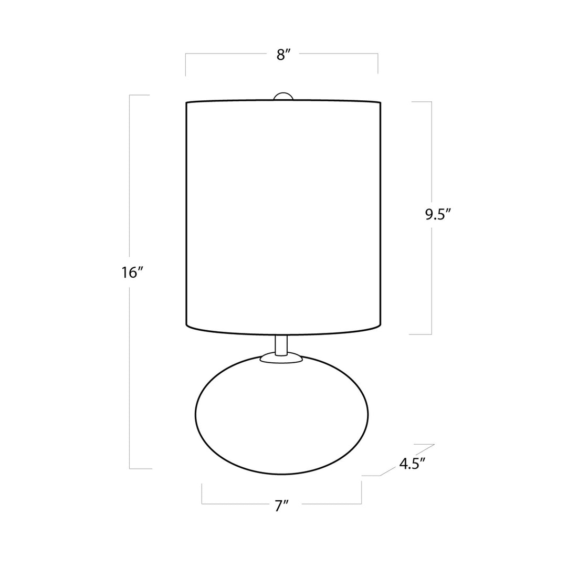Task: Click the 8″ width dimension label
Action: (x=283, y=55)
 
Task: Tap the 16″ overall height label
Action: (x=132, y=273)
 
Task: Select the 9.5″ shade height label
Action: (x=438, y=215)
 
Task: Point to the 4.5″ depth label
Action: (x=412, y=464)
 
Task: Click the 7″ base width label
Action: (x=282, y=506)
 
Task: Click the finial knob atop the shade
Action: (x=283, y=96)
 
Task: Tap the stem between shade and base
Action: (x=281, y=344)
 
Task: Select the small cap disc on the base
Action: (x=281, y=359)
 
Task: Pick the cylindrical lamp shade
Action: (x=283, y=215)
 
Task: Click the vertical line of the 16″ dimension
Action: (x=130, y=367)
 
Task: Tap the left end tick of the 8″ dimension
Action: (x=185, y=65)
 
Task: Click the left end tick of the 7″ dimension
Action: (x=202, y=494)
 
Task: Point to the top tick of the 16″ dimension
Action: (x=140, y=95)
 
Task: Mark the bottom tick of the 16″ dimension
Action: (x=141, y=468)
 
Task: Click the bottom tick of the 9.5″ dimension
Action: (x=420, y=334)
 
